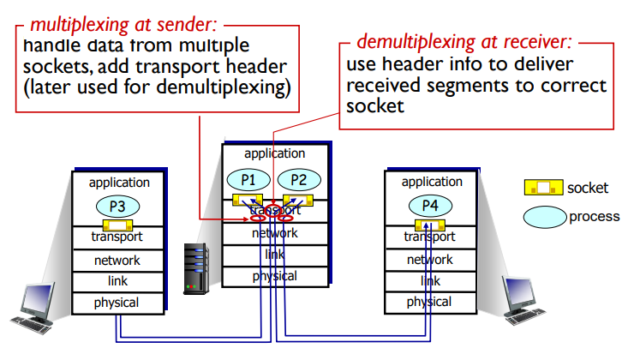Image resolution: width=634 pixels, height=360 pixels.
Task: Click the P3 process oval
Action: [118, 206]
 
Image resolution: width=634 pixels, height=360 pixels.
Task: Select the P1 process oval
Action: [247, 180]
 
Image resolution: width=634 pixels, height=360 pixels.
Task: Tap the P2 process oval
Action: [297, 180]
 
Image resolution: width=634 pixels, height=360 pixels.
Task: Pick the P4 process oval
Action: [428, 206]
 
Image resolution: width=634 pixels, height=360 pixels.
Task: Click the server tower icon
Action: [196, 267]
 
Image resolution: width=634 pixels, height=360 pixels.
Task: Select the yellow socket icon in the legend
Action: [542, 187]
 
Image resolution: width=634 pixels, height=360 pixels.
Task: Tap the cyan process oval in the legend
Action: [544, 217]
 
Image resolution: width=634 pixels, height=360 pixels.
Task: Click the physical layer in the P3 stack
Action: [117, 303]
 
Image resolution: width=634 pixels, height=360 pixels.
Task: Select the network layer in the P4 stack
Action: [429, 260]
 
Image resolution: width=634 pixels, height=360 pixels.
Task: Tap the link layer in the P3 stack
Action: [117, 281]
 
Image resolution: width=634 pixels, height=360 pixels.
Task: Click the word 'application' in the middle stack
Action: [274, 153]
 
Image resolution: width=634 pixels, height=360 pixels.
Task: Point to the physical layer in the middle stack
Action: [274, 276]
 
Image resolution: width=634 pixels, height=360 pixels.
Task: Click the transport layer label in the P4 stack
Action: [429, 237]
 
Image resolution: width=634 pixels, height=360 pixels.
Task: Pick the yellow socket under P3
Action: [117, 225]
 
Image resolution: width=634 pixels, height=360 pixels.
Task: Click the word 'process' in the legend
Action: [594, 217]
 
